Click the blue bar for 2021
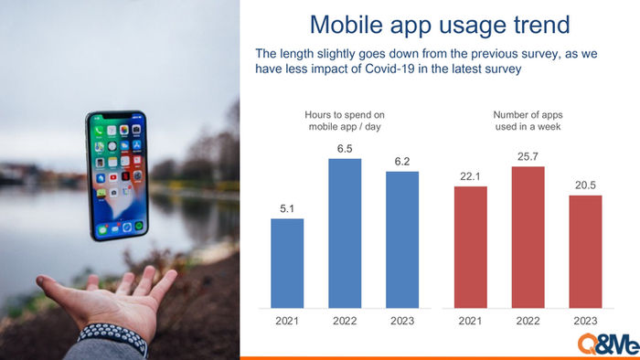pyautogui.click(x=287, y=263)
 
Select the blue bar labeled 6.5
pyautogui.click(x=345, y=233)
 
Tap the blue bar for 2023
pyautogui.click(x=402, y=239)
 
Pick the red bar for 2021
pyautogui.click(x=470, y=247)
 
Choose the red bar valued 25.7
pyautogui.click(x=528, y=238)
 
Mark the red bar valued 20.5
pyautogui.click(x=585, y=251)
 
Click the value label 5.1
pyautogui.click(x=287, y=208)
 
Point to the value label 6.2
pyautogui.click(x=402, y=162)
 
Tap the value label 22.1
pyautogui.click(x=470, y=176)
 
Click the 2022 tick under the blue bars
pyautogui.click(x=345, y=321)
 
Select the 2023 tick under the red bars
pyautogui.click(x=585, y=321)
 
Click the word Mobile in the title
pyautogui.click(x=347, y=25)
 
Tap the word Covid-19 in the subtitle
pyautogui.click(x=389, y=69)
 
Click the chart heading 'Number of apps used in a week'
pyautogui.click(x=528, y=121)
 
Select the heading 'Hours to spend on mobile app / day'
pyautogui.click(x=345, y=121)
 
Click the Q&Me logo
pyautogui.click(x=608, y=344)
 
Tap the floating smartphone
pyautogui.click(x=117, y=175)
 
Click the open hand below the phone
pyautogui.click(x=111, y=298)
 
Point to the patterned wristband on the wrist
pyautogui.click(x=113, y=336)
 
